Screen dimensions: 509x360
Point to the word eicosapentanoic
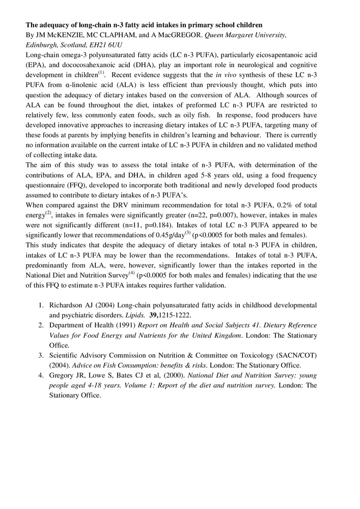[x=282, y=55]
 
